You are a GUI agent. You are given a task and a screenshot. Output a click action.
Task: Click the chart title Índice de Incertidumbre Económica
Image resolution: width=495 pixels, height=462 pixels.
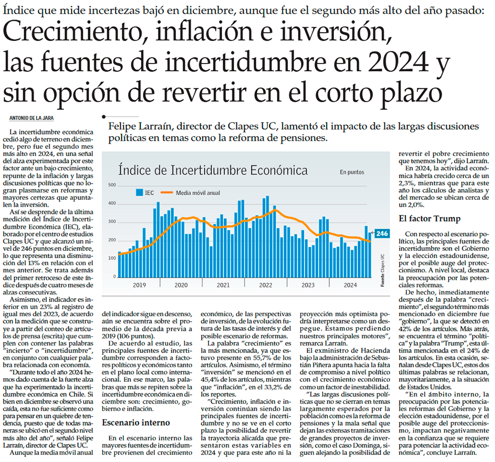pyautogui.click(x=213, y=170)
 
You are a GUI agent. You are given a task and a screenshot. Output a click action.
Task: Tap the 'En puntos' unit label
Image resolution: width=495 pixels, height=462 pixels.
pyautogui.click(x=351, y=172)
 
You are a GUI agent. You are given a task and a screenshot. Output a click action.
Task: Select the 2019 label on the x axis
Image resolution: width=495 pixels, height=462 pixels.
pyautogui.click(x=139, y=285)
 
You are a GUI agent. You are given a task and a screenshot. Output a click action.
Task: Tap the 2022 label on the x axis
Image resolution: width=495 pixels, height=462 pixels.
pyautogui.click(x=265, y=285)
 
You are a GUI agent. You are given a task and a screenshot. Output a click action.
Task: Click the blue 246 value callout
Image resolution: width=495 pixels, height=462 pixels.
pyautogui.click(x=382, y=234)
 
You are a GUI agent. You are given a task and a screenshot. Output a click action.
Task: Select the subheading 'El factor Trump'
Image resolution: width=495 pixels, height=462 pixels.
pyautogui.click(x=423, y=218)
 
